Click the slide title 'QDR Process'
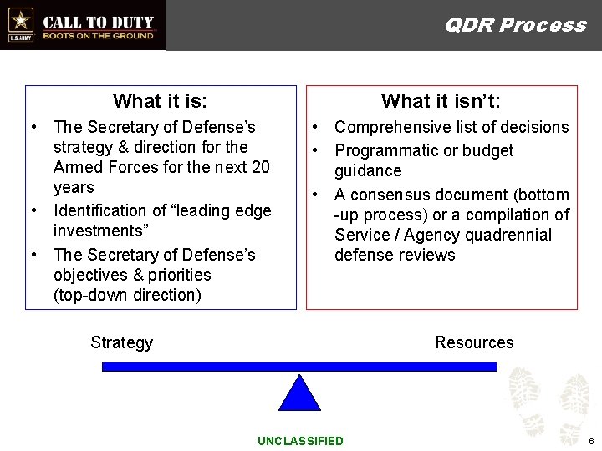(x=515, y=25)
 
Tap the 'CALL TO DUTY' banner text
(x=98, y=22)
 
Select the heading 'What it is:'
(x=160, y=102)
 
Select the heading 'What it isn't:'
(x=441, y=102)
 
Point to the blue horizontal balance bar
(x=299, y=366)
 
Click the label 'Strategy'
(x=121, y=342)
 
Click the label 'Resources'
(x=474, y=342)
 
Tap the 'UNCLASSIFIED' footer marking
(x=300, y=441)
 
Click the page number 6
(x=590, y=441)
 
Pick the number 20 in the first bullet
(x=260, y=167)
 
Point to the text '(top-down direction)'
(x=127, y=295)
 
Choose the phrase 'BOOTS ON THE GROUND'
(x=98, y=36)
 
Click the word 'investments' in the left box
(x=99, y=231)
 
